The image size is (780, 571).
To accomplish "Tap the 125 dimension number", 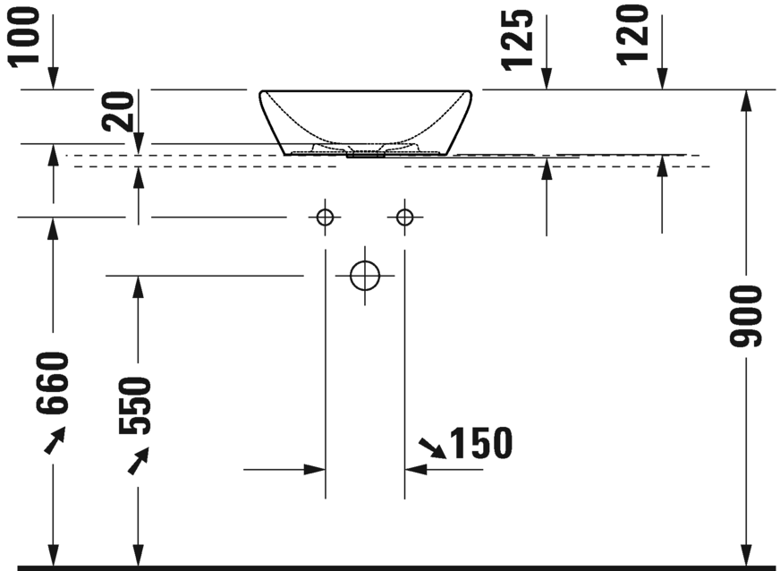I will point(519,39).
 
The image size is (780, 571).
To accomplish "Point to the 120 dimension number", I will point(633,36).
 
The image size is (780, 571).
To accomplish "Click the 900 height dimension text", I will point(744,317).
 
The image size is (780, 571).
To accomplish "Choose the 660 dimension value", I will point(52,384).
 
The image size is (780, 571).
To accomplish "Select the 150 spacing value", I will point(480,442).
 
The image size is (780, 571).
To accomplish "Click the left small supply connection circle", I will point(325,217).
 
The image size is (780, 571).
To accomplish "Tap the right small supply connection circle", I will point(405,217).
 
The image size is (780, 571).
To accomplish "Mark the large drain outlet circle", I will point(365,276).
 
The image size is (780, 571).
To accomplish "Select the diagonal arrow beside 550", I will point(139,462).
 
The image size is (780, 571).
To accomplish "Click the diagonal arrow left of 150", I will point(433,448).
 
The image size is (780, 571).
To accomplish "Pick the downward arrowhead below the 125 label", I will point(547,80).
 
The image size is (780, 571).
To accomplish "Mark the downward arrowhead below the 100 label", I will point(53,80).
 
